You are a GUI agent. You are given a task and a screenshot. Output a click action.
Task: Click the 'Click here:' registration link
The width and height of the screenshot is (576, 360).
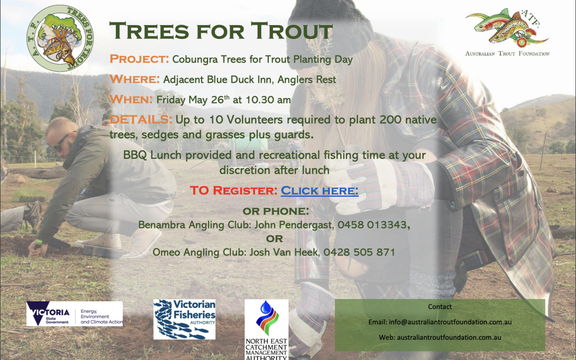pyautogui.click(x=319, y=190)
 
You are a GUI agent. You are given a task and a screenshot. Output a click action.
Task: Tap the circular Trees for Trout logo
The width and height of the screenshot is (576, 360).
pyautogui.click(x=60, y=38)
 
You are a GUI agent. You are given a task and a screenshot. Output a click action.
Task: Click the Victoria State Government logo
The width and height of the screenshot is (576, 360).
pyautogui.click(x=75, y=314)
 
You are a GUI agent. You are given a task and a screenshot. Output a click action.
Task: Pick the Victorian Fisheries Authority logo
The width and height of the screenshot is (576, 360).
pyautogui.click(x=185, y=319)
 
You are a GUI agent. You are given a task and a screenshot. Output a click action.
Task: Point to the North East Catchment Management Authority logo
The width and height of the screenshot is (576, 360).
pyautogui.click(x=267, y=330)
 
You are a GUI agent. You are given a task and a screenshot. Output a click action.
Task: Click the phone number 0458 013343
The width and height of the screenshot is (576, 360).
pyautogui.click(x=373, y=225)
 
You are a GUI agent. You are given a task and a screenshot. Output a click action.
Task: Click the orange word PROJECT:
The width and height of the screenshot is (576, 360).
pyautogui.click(x=139, y=59)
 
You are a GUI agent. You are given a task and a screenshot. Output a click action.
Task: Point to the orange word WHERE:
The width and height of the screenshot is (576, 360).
pyautogui.click(x=134, y=79)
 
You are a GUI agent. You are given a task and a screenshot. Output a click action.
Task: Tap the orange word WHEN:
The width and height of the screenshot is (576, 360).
pyautogui.click(x=131, y=99)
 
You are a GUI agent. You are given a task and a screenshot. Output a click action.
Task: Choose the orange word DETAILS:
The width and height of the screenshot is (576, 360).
pyautogui.click(x=141, y=119)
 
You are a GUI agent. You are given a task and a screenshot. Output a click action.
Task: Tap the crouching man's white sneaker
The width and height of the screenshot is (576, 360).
pyautogui.click(x=99, y=242)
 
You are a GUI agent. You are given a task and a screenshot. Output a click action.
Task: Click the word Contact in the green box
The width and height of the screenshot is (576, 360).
pyautogui.click(x=439, y=307)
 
